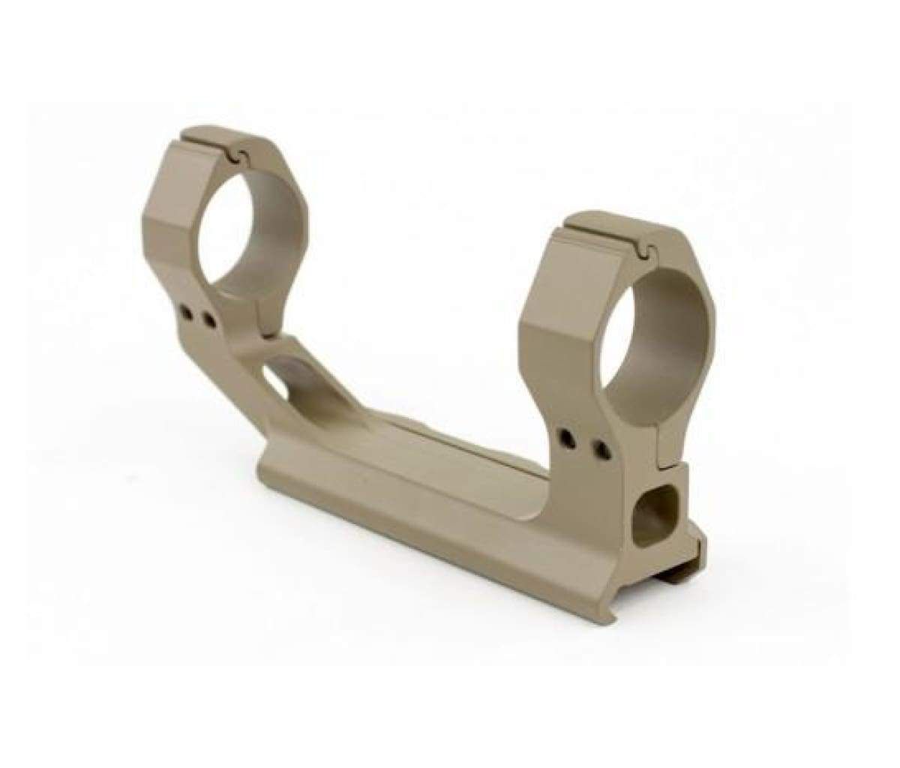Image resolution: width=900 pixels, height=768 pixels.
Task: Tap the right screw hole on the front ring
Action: [599, 449]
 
